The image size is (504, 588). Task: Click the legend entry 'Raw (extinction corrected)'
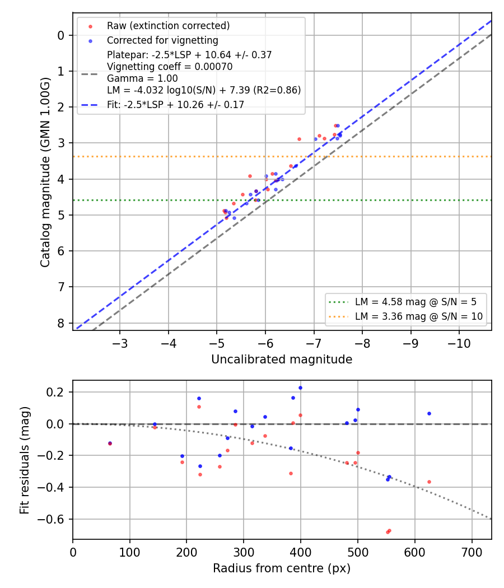(168, 26)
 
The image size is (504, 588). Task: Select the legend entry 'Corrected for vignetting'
(162, 40)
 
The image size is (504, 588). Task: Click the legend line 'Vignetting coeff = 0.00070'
(170, 67)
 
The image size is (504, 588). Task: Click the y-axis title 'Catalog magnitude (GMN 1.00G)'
(45, 172)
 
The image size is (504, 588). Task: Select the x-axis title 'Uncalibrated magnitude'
(282, 360)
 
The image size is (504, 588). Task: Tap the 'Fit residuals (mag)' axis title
(25, 460)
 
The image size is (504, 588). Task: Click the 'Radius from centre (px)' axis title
(282, 568)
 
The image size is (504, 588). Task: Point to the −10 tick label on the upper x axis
(459, 343)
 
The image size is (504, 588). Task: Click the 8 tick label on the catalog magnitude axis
(61, 323)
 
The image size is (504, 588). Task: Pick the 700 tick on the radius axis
(472, 552)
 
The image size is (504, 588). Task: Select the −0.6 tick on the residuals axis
(52, 519)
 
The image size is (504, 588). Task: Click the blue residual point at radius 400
(300, 388)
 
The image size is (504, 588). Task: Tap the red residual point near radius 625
(429, 482)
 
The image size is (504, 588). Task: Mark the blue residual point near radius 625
(429, 414)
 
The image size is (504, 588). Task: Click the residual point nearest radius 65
(110, 444)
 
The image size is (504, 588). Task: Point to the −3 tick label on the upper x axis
(120, 343)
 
